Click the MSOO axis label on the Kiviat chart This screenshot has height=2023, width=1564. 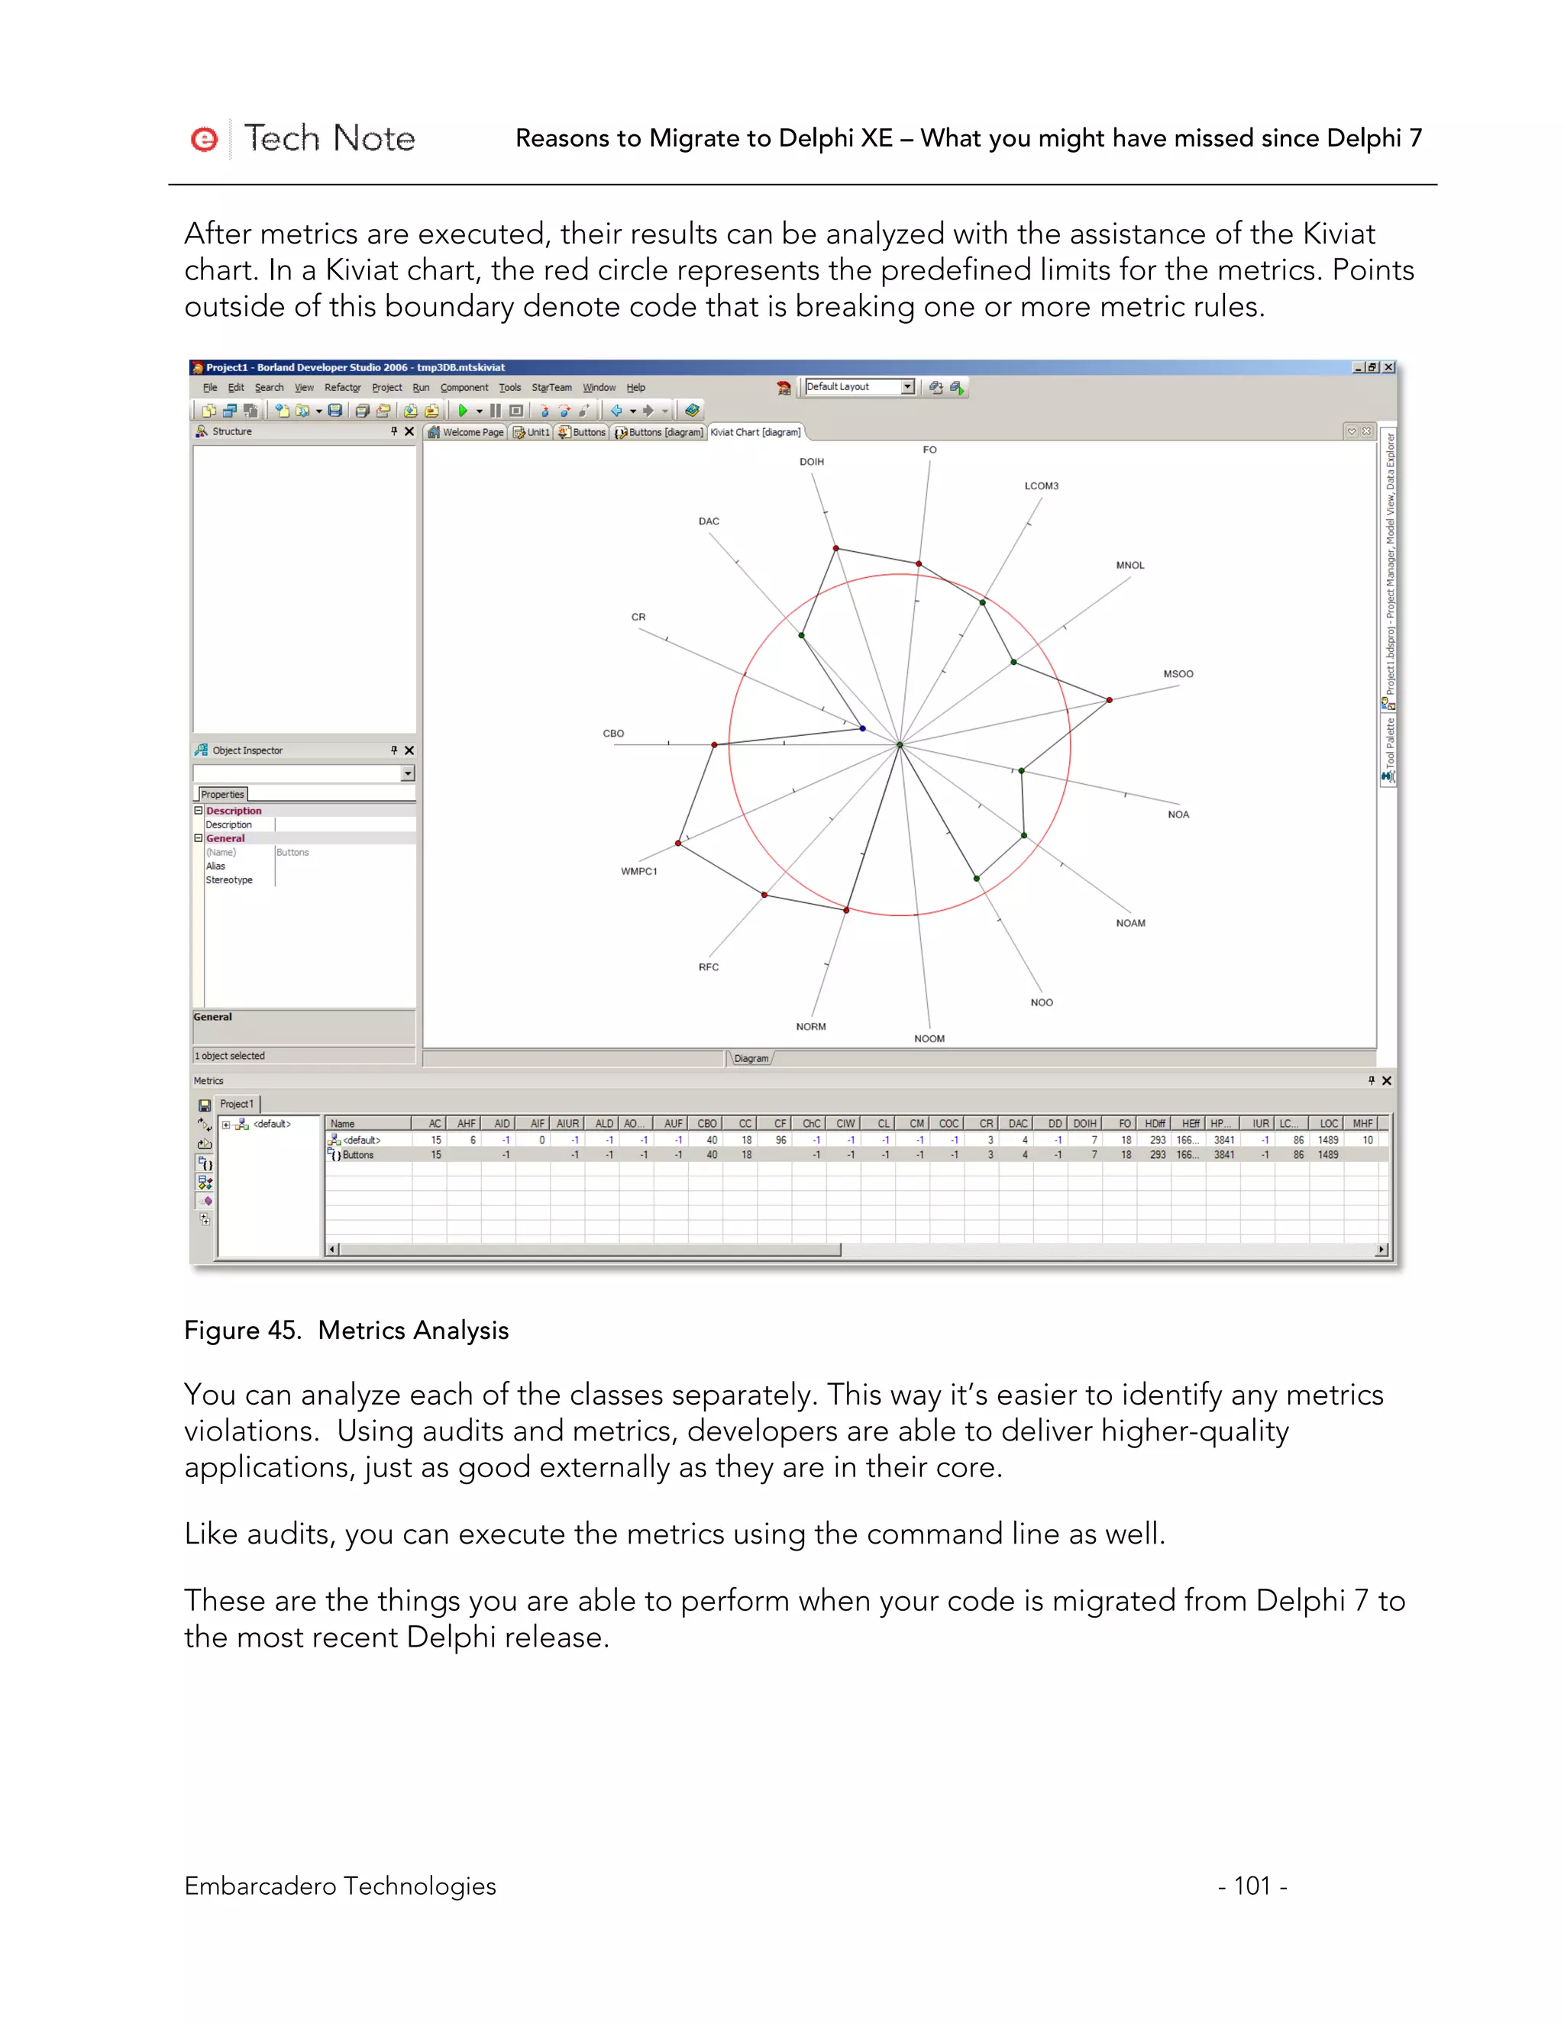tap(1178, 674)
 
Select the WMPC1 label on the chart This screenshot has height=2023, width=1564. tap(638, 872)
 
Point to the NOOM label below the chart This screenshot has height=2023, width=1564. tap(929, 1039)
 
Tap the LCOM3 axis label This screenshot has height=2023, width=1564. tap(1041, 486)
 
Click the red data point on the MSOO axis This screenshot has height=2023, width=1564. tap(1109, 700)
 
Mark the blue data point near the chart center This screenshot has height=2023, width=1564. tap(863, 729)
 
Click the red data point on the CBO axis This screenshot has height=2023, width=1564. tap(714, 745)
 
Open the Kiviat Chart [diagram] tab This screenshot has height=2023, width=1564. tap(755, 433)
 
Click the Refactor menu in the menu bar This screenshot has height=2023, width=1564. tap(342, 388)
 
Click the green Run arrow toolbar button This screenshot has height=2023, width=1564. tap(462, 411)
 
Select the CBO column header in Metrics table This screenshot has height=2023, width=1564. tap(706, 1124)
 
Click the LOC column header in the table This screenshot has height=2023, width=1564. tap(1328, 1124)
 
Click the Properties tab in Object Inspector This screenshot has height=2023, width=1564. tap(222, 795)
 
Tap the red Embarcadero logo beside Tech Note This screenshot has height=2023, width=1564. tap(204, 139)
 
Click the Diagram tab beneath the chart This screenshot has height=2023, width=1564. tap(751, 1059)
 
